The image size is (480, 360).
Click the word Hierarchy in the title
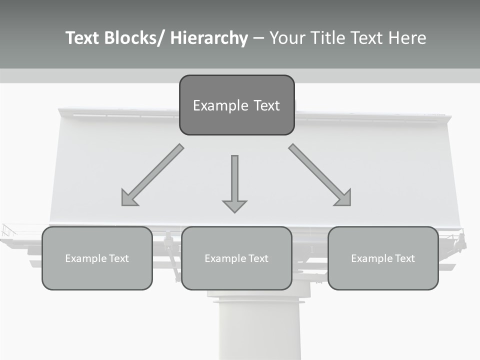[209, 38]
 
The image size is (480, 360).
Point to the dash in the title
[258, 38]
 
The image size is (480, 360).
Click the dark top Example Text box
[236, 105]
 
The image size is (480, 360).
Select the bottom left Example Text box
[97, 258]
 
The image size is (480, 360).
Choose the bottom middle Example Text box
[236, 258]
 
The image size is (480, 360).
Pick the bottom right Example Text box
[383, 258]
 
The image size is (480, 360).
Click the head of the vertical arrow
[234, 205]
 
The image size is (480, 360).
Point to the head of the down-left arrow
[128, 199]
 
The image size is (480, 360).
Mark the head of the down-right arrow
[343, 198]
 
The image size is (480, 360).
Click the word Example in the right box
[371, 258]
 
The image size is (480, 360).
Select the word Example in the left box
[85, 258]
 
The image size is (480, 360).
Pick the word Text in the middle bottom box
[257, 258]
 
